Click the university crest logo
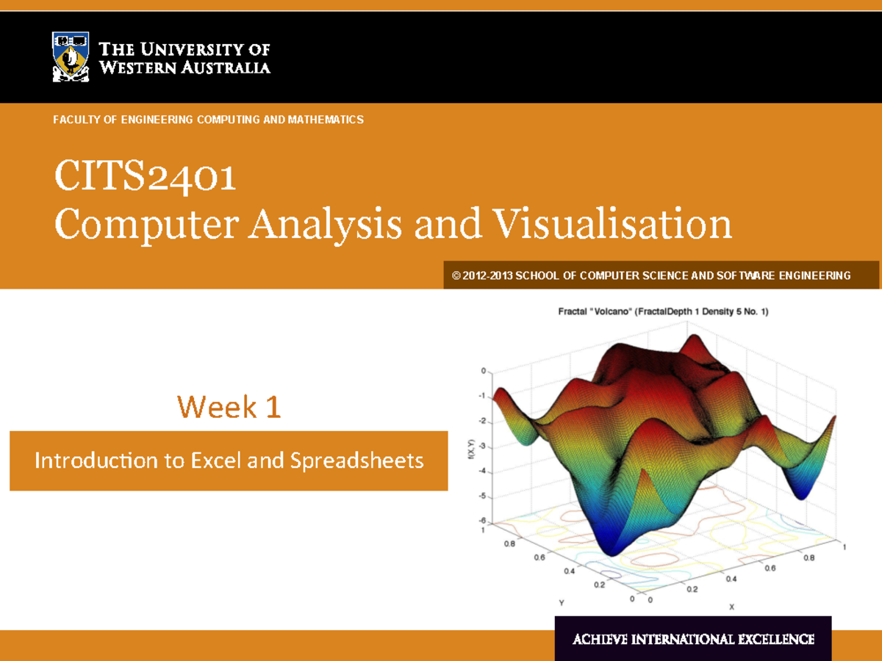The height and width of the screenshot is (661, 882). pyautogui.click(x=71, y=57)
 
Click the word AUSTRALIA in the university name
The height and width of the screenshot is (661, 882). pyautogui.click(x=226, y=68)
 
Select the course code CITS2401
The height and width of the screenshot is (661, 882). pyautogui.click(x=145, y=176)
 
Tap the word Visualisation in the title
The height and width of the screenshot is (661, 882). pyautogui.click(x=612, y=223)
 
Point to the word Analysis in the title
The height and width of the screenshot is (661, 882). pyautogui.click(x=325, y=225)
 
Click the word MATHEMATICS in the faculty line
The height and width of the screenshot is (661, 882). pyautogui.click(x=326, y=120)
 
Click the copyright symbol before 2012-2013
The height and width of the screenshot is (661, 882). pyautogui.click(x=456, y=275)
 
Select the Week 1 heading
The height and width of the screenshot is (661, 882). pyautogui.click(x=229, y=407)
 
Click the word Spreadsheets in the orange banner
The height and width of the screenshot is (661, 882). pyautogui.click(x=356, y=461)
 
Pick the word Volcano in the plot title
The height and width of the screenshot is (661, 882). pyautogui.click(x=612, y=312)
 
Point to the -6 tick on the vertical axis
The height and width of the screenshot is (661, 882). pyautogui.click(x=482, y=521)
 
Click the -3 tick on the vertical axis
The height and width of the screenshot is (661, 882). pyautogui.click(x=482, y=446)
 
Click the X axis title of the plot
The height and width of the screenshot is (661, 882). pyautogui.click(x=732, y=607)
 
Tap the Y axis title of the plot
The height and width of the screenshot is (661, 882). pyautogui.click(x=562, y=602)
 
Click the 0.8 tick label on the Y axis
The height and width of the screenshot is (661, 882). pyautogui.click(x=509, y=543)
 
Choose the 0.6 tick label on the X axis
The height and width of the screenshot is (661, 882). pyautogui.click(x=770, y=568)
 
